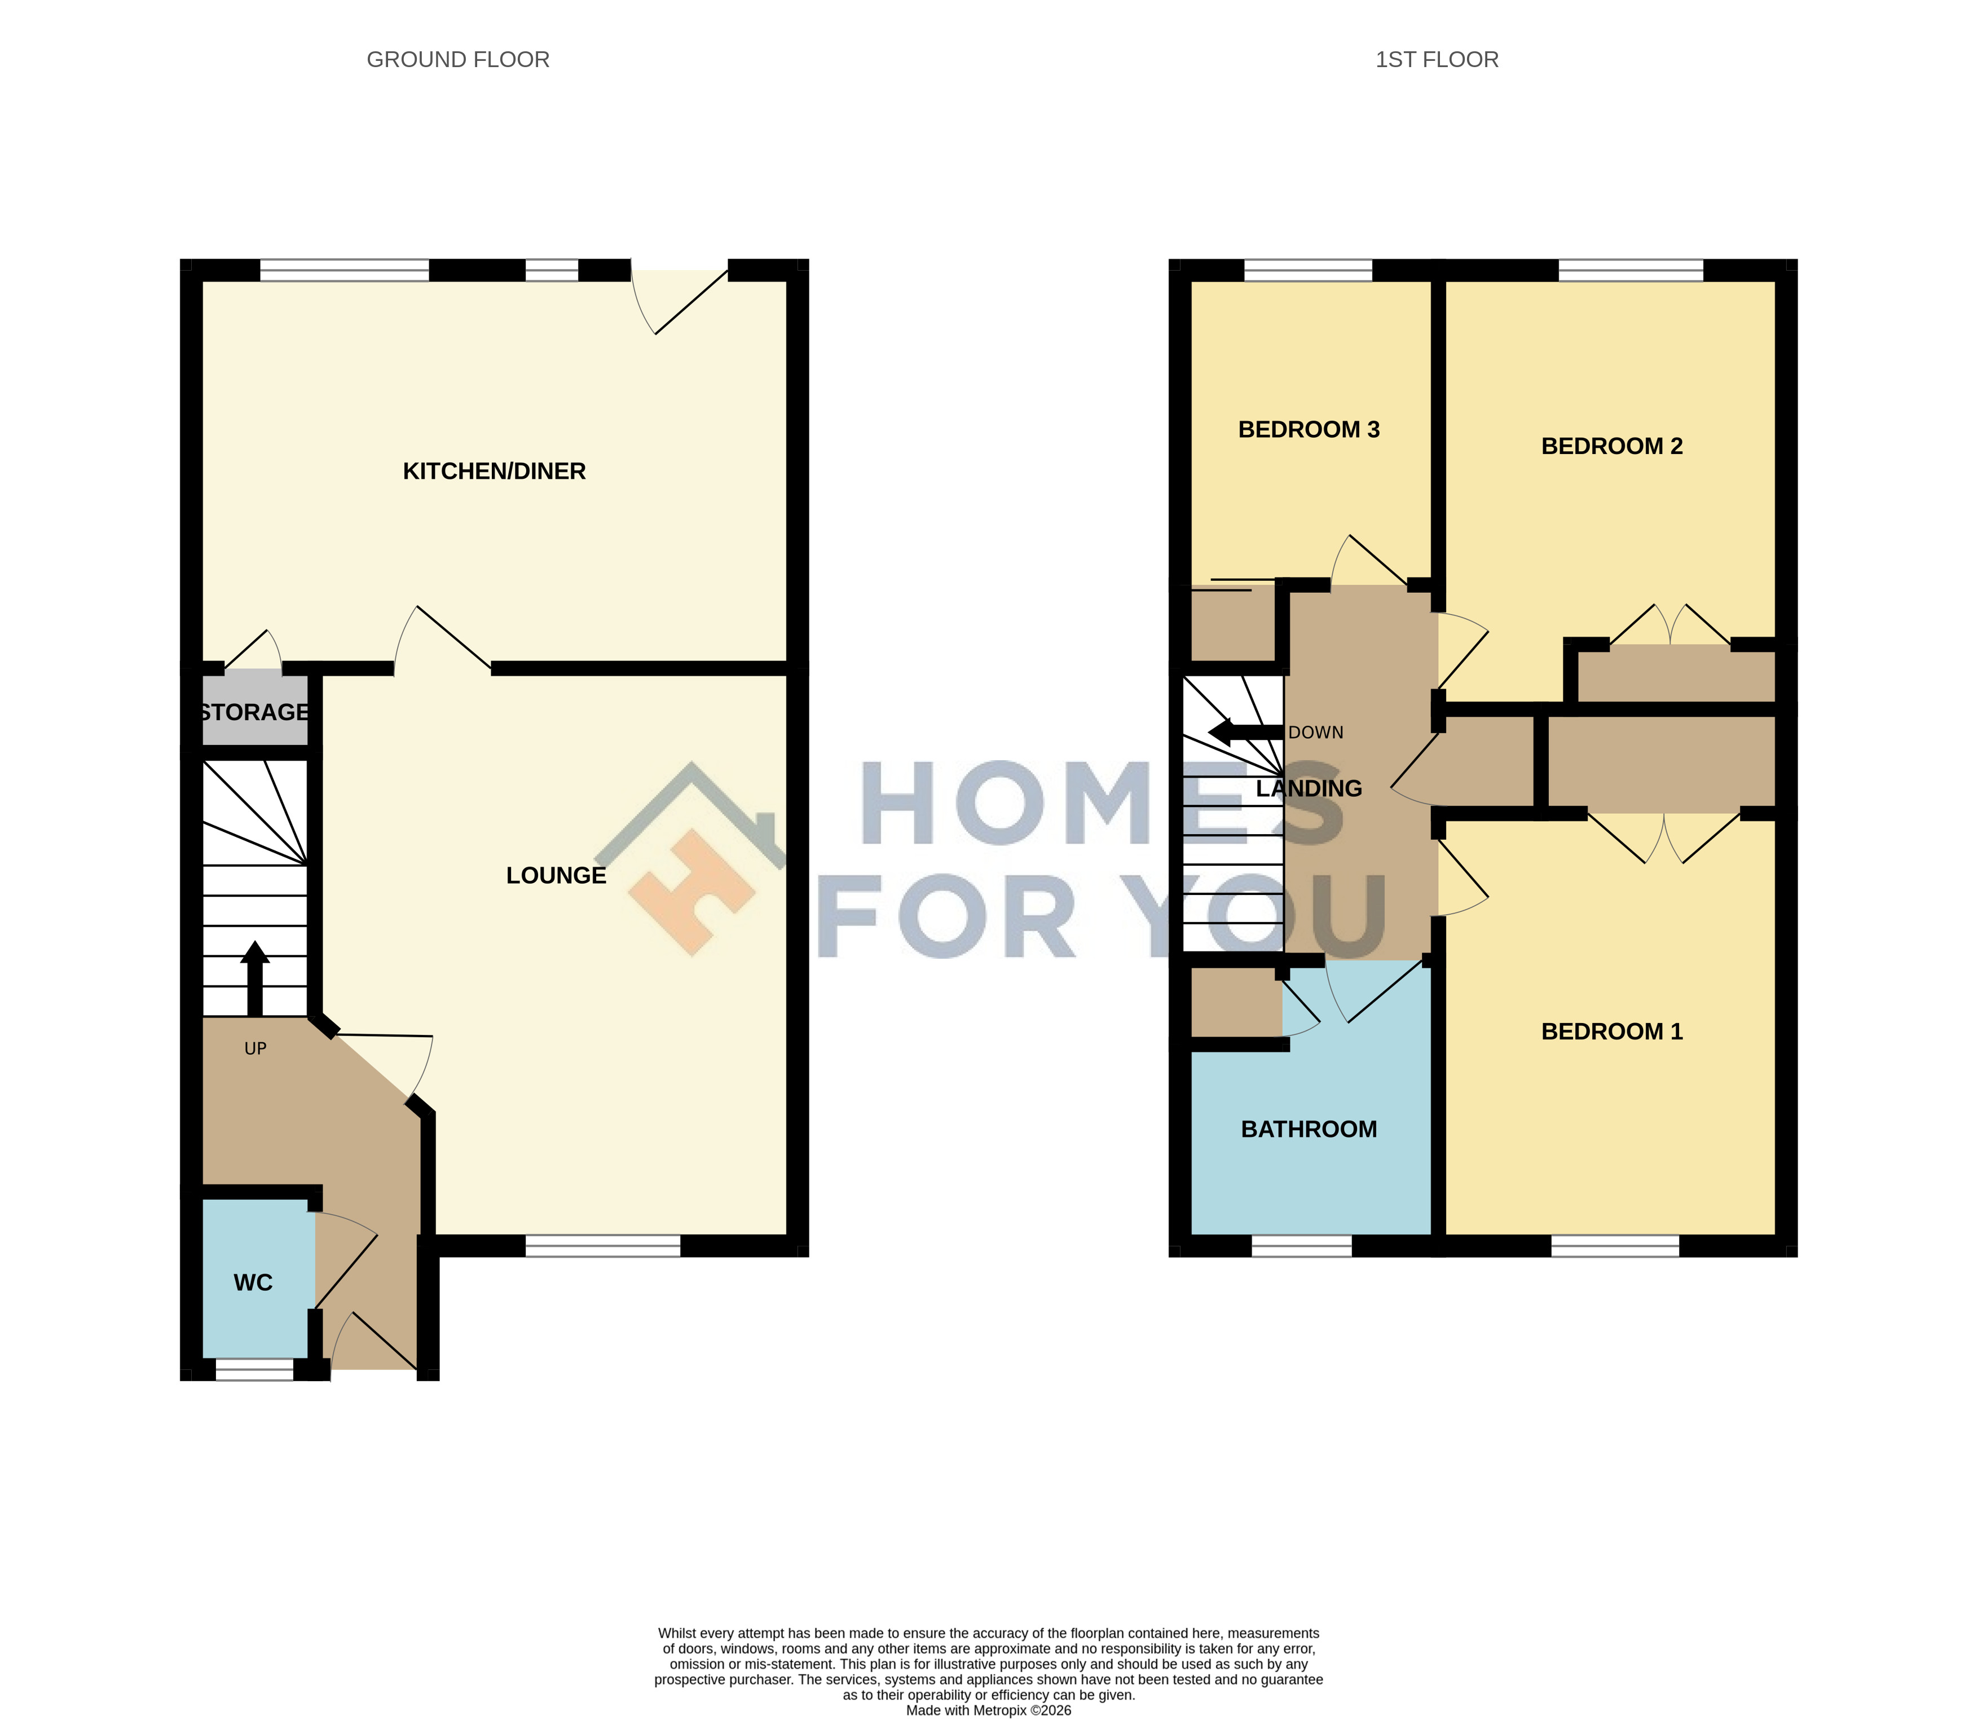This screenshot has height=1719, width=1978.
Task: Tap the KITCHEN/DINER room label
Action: pyautogui.click(x=494, y=471)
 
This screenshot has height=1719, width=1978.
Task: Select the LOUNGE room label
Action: pyautogui.click(x=556, y=875)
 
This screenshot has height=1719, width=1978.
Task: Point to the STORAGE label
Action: pyautogui.click(x=254, y=712)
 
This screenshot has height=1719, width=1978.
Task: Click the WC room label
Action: pyautogui.click(x=253, y=1282)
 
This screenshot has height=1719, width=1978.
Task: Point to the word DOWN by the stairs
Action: pyautogui.click(x=1315, y=733)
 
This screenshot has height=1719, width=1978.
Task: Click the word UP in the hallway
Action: pyautogui.click(x=255, y=1048)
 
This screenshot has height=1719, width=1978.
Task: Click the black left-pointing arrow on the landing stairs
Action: pyautogui.click(x=1245, y=733)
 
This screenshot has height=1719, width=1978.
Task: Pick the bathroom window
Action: pyautogui.click(x=1302, y=1246)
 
